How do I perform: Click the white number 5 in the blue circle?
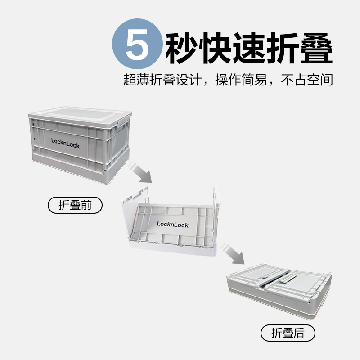137,44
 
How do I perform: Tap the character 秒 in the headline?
181,48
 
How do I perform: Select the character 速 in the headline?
249,48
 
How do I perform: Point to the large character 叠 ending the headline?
316,48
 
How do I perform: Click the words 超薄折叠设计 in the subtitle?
162,80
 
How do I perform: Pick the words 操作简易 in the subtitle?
241,80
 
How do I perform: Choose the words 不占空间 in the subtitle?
307,80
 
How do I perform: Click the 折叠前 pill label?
75,205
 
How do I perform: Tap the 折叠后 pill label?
288,333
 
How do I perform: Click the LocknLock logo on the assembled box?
65,143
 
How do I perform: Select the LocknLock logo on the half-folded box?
173,224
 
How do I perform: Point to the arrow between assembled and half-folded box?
140,172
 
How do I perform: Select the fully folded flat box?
279,291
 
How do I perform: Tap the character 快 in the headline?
215,48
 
